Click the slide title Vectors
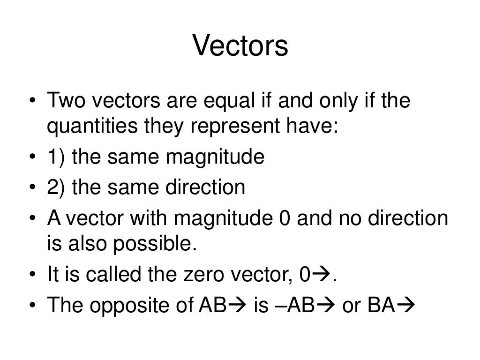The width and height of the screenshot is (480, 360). click(240, 46)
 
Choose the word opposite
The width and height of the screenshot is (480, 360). click(128, 306)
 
